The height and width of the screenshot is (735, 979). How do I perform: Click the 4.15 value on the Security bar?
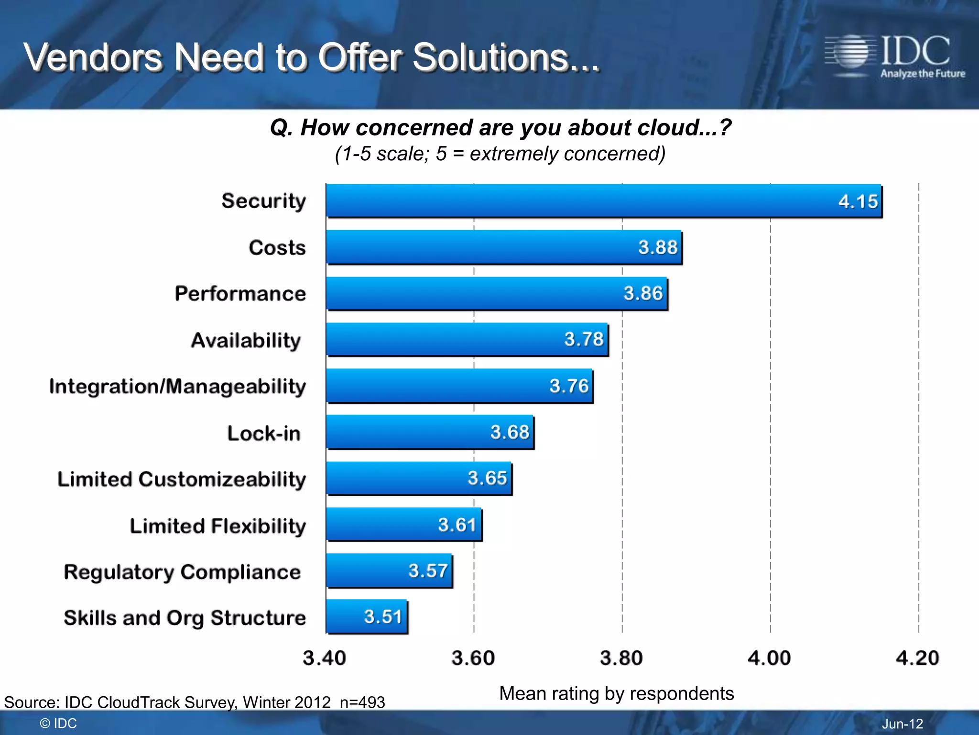[858, 201]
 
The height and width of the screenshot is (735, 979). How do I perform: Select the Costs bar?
[504, 247]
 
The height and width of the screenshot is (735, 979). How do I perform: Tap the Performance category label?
[240, 293]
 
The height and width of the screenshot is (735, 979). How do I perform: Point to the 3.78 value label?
[584, 339]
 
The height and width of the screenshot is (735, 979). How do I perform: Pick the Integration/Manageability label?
[177, 387]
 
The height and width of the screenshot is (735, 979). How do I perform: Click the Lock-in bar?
[430, 432]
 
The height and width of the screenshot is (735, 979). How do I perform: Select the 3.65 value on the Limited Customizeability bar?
[487, 478]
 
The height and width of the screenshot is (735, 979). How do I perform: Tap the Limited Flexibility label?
[218, 526]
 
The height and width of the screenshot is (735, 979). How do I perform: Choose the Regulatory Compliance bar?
[389, 570]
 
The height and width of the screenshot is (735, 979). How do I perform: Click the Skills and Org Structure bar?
[367, 616]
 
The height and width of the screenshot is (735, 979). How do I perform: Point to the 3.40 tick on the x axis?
[324, 658]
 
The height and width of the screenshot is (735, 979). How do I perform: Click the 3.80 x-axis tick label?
[621, 658]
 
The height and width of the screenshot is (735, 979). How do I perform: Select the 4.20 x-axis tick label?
[917, 658]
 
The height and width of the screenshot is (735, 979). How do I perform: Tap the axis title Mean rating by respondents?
[616, 693]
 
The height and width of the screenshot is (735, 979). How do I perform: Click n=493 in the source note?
[362, 702]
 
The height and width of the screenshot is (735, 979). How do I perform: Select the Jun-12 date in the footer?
[902, 724]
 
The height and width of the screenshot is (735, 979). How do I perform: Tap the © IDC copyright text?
[58, 724]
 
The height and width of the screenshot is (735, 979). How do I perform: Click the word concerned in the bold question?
[414, 128]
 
